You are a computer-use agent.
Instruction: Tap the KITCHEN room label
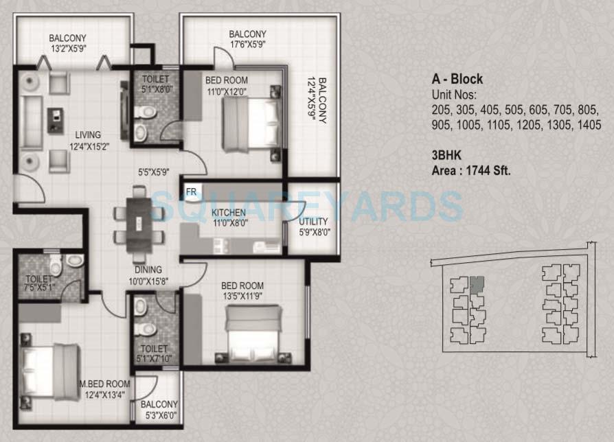pos(229,212)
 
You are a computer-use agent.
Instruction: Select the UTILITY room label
pos(313,222)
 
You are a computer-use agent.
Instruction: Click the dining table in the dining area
pos(139,224)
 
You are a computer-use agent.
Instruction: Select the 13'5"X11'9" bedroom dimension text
pos(242,296)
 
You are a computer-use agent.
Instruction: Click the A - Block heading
pos(457,80)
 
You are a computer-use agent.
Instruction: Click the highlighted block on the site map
pos(477,283)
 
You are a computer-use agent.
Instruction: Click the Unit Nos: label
pos(453,94)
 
